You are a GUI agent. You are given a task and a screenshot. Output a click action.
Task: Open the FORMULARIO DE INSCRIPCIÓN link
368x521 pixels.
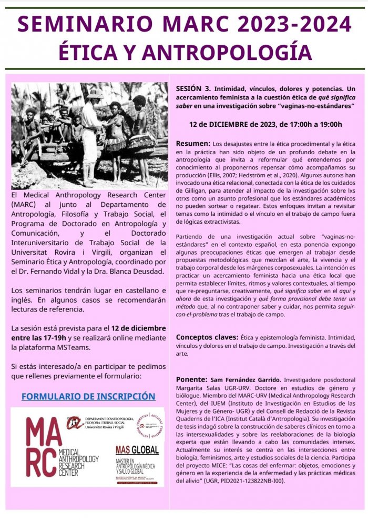[x=88, y=396]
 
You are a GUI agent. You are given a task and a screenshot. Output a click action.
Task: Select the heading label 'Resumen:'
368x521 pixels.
[x=192, y=144]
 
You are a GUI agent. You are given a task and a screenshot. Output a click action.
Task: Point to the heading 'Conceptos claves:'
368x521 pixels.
[x=207, y=336]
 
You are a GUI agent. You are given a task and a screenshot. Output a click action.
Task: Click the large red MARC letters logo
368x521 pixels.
[x=39, y=447]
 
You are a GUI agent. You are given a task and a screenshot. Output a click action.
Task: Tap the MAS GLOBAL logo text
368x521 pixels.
[x=137, y=450]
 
